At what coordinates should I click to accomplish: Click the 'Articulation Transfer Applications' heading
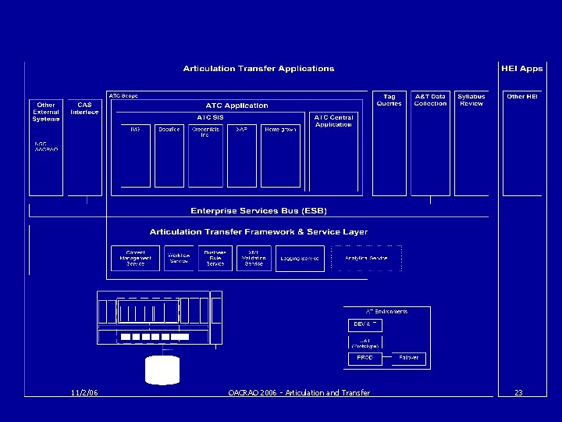258,69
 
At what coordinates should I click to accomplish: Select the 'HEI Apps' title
521,69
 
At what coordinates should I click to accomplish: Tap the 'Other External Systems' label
46,112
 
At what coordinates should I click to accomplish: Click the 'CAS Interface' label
84,108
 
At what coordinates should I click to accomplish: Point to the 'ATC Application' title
237,105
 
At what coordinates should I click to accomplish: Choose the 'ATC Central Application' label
333,121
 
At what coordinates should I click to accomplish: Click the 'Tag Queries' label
389,100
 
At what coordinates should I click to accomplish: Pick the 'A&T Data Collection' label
430,100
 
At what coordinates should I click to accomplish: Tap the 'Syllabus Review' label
471,100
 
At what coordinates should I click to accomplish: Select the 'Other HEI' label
522,97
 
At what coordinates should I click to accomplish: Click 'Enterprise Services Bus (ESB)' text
258,211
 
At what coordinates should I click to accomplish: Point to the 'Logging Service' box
300,259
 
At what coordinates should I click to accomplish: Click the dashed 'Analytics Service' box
366,258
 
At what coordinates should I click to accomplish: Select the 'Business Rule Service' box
215,258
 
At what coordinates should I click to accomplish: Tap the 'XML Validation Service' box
254,258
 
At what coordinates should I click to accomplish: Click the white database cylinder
162,370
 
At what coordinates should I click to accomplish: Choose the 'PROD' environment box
365,358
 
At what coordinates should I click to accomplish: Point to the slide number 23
518,392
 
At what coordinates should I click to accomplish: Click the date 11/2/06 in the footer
83,392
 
